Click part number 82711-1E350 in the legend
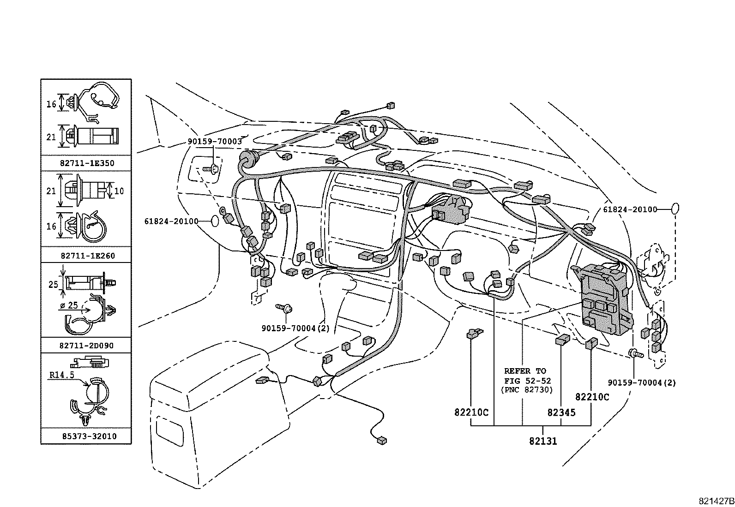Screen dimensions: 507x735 87,163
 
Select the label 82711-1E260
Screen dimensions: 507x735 87,256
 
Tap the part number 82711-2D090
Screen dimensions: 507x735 87,346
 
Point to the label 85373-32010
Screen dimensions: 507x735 87,436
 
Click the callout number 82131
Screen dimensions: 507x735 543,441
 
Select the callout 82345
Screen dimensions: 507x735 561,412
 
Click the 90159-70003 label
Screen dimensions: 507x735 214,142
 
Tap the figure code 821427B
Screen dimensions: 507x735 715,501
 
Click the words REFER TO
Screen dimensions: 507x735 525,371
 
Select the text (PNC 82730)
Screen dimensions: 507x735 526,390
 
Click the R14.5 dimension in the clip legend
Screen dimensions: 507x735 61,375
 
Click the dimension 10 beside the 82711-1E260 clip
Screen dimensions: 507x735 119,191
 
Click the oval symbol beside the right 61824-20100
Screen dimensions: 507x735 675,209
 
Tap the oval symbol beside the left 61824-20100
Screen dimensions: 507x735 215,221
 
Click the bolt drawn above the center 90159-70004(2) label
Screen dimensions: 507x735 285,308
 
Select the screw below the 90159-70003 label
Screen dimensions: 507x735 213,169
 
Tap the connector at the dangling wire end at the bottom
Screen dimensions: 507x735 381,441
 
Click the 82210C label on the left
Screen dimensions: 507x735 471,412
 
